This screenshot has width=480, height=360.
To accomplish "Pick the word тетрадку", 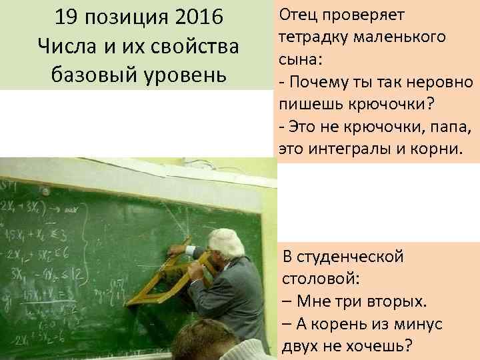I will click(x=314, y=37).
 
